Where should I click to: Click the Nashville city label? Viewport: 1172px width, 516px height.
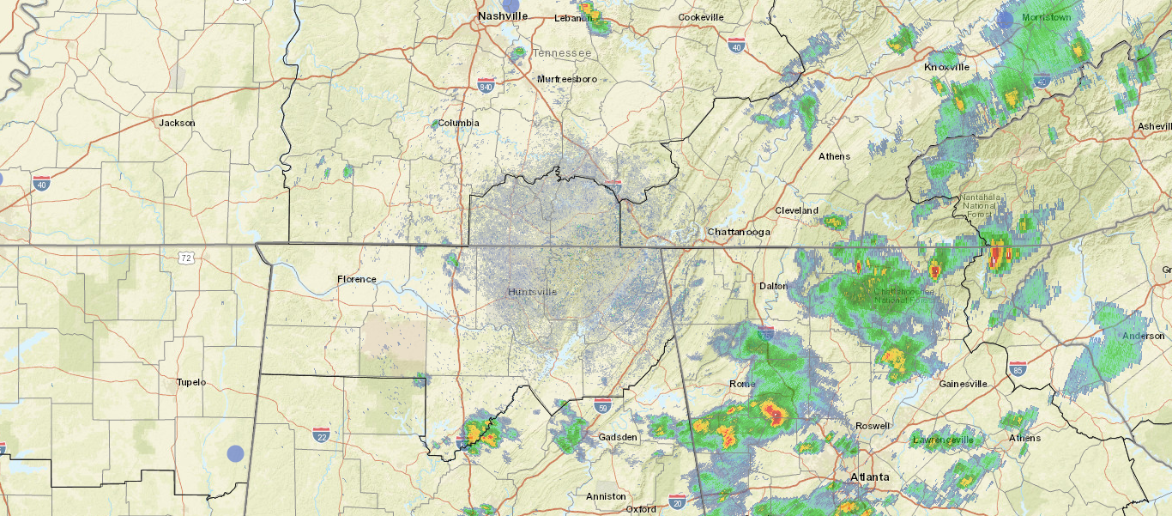tap(503, 16)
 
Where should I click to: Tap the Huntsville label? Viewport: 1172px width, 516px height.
tap(532, 292)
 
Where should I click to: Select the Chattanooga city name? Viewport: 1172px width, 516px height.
tap(739, 232)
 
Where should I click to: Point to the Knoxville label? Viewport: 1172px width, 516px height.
tap(946, 67)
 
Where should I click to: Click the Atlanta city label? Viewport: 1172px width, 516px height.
tap(869, 477)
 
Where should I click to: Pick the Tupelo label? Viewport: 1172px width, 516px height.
tap(190, 382)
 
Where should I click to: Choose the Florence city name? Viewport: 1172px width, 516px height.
tap(356, 279)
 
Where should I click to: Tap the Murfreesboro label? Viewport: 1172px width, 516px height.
tap(566, 79)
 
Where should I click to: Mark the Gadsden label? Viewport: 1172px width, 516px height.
tap(618, 437)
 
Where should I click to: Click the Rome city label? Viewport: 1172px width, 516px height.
tap(740, 384)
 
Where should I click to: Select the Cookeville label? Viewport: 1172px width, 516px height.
tap(702, 17)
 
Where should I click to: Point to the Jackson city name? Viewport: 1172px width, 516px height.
tap(177, 123)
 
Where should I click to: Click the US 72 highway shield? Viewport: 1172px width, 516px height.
tap(186, 258)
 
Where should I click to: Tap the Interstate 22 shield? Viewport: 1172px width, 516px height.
tap(322, 435)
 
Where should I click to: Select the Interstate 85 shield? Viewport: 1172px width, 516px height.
tap(1018, 370)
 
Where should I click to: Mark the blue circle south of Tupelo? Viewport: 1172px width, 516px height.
tap(235, 453)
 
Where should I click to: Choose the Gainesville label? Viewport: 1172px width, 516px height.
tap(963, 384)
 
